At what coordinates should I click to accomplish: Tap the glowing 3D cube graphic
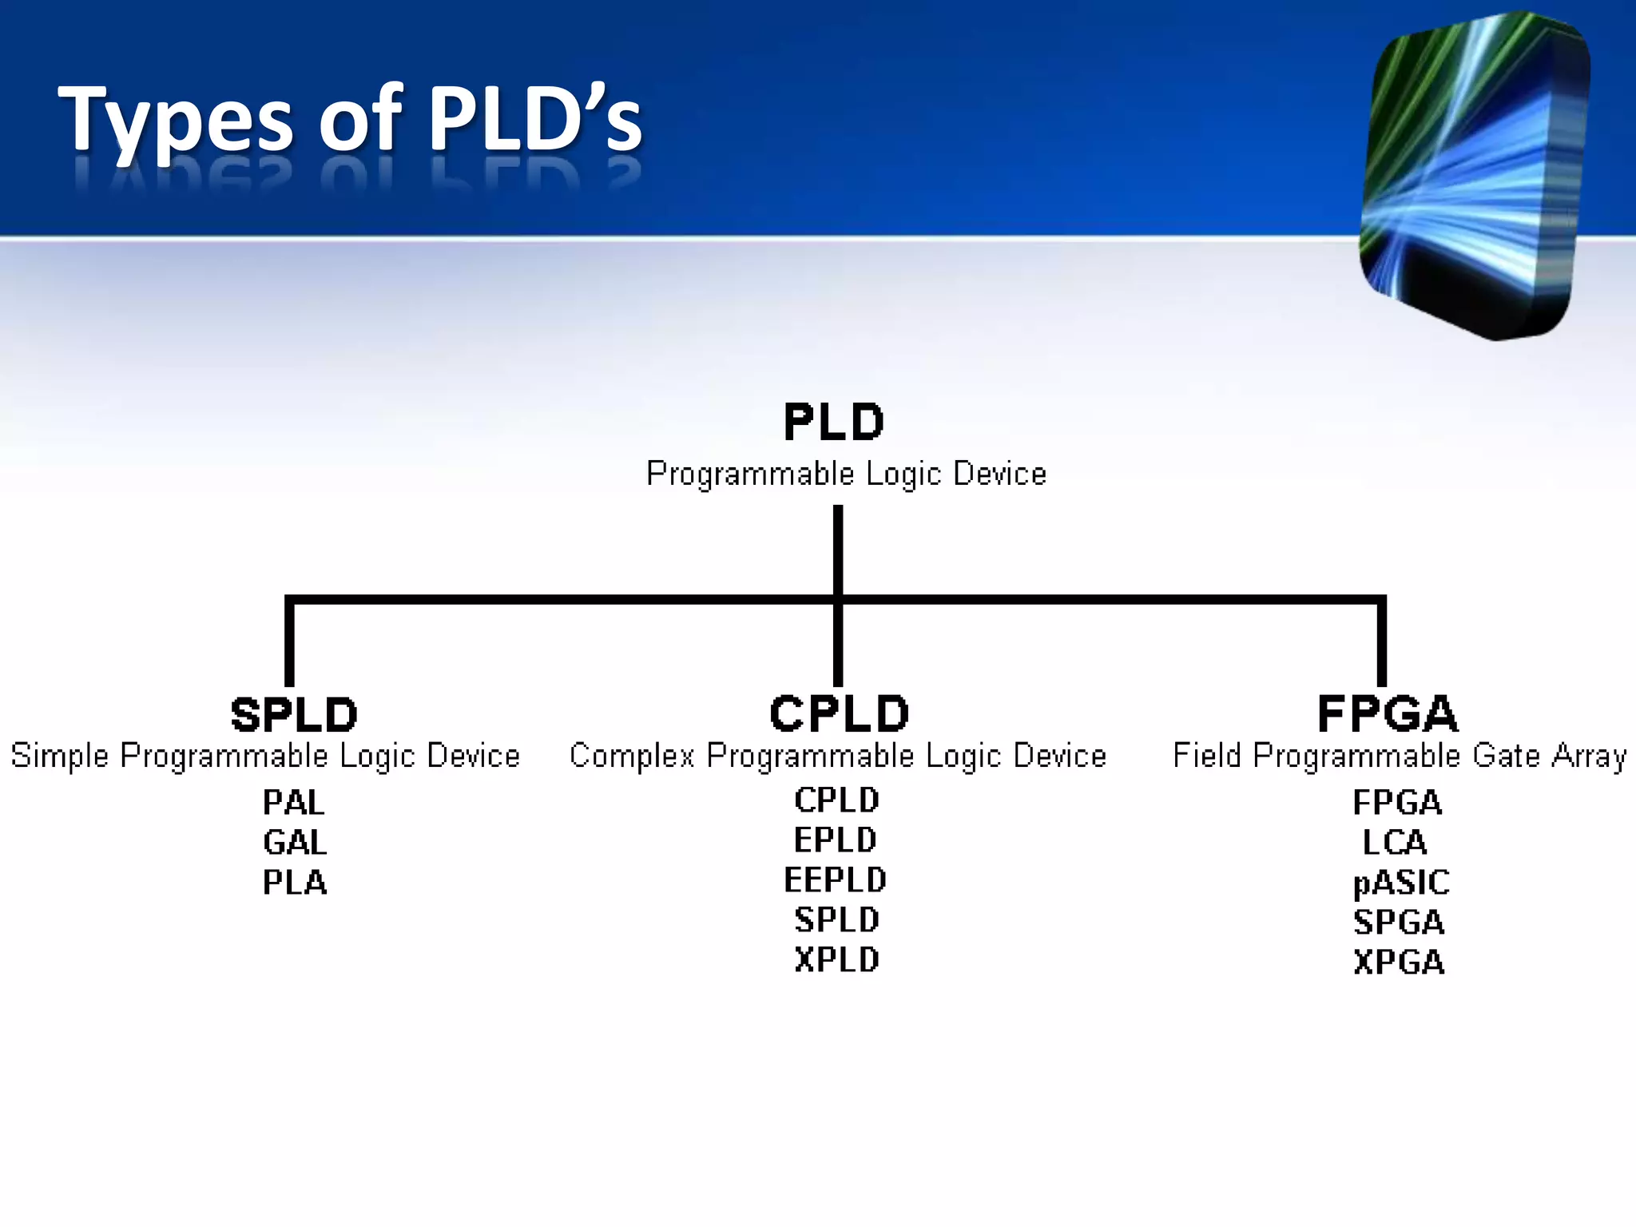(1474, 176)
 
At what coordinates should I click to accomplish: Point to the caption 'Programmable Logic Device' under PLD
(846, 474)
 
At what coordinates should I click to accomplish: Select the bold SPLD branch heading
(294, 714)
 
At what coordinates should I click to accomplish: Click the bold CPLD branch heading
(839, 713)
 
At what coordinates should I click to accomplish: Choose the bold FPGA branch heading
(1388, 713)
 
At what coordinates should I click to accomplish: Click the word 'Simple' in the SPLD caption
(59, 756)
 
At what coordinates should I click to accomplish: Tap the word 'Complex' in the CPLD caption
(632, 756)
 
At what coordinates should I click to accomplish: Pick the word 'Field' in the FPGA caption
(1207, 756)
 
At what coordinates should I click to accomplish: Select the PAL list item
(294, 803)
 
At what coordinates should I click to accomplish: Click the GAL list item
(295, 843)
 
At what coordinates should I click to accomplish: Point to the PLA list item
(295, 883)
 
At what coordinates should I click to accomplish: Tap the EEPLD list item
(836, 880)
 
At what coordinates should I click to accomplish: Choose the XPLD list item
(837, 960)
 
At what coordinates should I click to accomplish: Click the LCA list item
(1395, 843)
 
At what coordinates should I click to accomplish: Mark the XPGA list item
(1400, 963)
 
